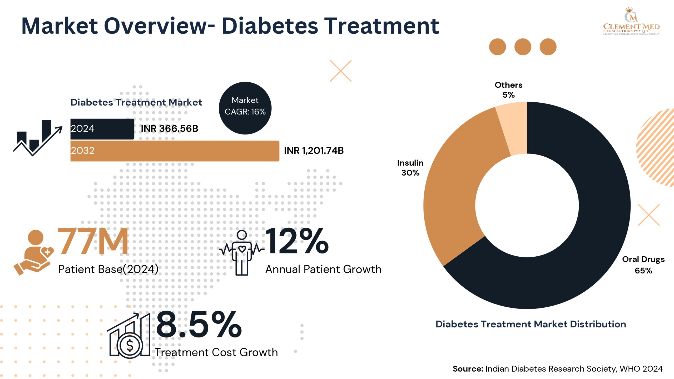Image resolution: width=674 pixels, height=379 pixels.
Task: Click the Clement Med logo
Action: [x=631, y=22]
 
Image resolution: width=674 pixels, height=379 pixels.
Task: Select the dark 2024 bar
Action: [x=102, y=129]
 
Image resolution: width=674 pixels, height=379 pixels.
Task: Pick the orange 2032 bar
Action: [x=175, y=151]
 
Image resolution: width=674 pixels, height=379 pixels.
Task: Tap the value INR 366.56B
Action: [x=169, y=129]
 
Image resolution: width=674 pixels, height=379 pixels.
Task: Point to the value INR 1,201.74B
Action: [x=314, y=151]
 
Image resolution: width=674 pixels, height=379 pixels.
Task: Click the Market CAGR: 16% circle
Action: [x=245, y=108]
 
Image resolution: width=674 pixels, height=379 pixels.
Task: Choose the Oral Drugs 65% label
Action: [x=643, y=265]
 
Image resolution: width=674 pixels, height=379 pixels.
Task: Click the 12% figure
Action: [x=297, y=242]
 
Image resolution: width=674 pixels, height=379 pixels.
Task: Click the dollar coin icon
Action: [x=130, y=345]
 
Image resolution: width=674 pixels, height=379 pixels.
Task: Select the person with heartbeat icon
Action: [x=242, y=253]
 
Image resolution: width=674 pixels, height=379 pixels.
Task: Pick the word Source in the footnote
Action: [x=468, y=369]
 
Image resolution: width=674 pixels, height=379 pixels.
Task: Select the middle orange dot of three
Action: [x=523, y=47]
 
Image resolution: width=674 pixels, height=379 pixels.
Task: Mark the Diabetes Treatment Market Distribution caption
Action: [x=531, y=324]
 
